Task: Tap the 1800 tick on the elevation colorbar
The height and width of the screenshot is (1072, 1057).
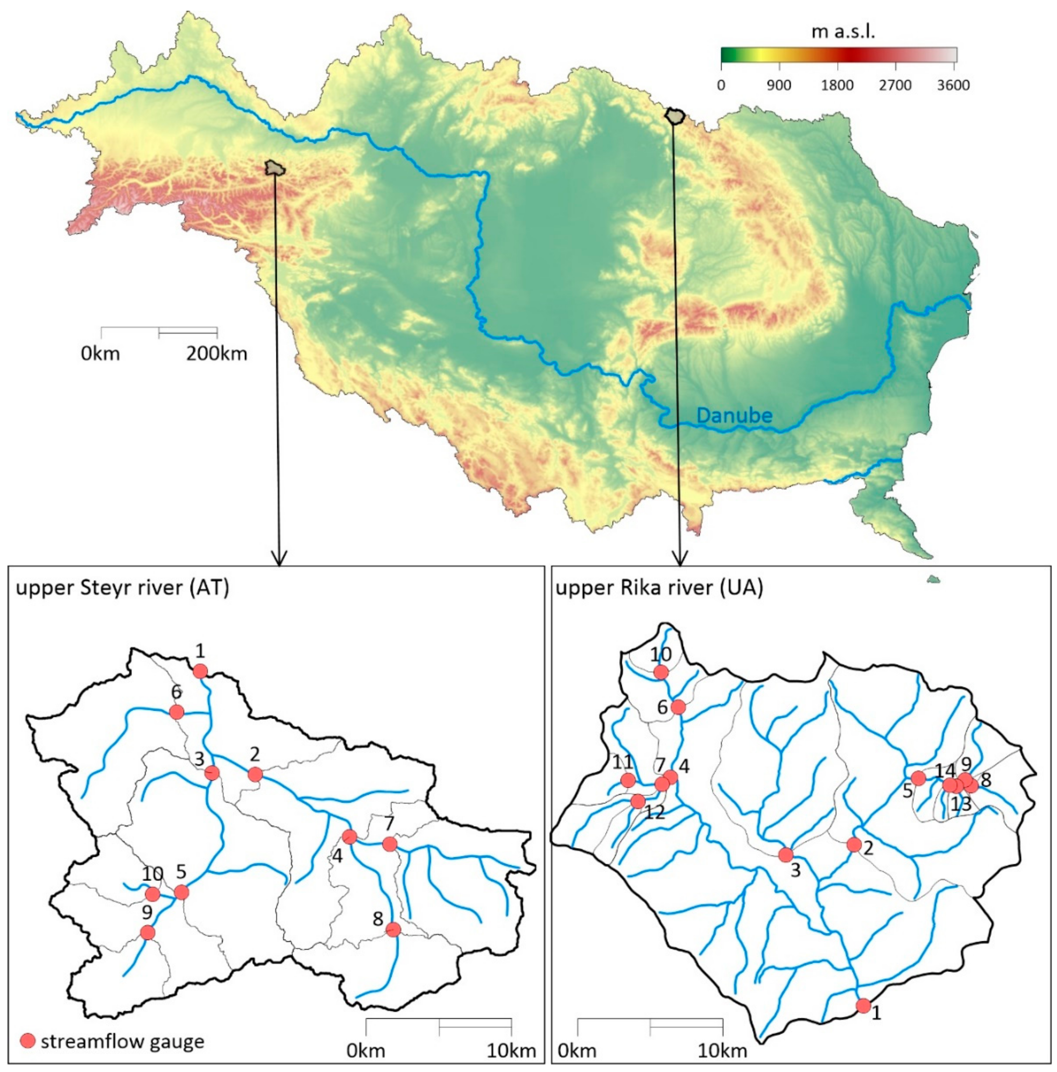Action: tap(838, 85)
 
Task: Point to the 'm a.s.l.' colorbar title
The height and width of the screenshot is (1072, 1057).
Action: tap(843, 32)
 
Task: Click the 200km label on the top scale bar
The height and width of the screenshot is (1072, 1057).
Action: tap(216, 353)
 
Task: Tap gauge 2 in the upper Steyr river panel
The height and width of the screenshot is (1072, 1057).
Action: tap(255, 774)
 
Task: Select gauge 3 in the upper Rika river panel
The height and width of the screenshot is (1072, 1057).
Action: tap(786, 854)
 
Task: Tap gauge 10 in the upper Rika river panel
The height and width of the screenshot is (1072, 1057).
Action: tap(661, 672)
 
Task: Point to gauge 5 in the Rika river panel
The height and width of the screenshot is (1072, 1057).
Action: tap(919, 778)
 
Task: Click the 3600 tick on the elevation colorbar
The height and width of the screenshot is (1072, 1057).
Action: tap(954, 85)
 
